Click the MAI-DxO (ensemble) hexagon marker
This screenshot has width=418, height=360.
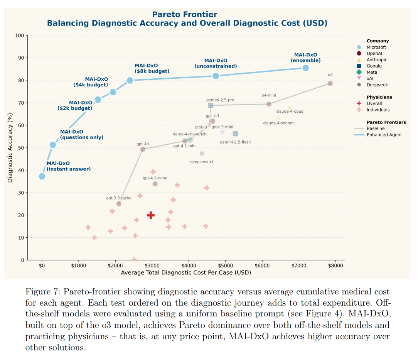point(305,68)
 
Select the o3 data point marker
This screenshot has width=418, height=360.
point(330,83)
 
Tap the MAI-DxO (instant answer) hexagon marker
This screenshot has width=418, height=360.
point(42,176)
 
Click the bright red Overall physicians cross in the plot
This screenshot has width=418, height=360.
point(151,215)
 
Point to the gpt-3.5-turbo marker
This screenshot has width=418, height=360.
point(119,204)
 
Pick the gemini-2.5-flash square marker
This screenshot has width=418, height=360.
point(235,134)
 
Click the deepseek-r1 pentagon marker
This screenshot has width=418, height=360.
point(202,154)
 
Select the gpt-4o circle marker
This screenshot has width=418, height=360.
point(143,149)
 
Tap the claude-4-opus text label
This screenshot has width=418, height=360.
point(290,112)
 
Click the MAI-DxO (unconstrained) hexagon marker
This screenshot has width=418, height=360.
point(216,76)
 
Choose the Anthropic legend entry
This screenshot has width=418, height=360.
point(377,60)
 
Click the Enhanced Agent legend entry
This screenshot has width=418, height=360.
point(384,135)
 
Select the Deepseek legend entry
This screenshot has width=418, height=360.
point(377,85)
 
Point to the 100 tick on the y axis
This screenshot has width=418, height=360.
point(19,35)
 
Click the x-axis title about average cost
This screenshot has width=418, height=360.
point(186,273)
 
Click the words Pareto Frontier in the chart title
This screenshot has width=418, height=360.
point(185,15)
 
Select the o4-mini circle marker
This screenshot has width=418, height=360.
point(269,104)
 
